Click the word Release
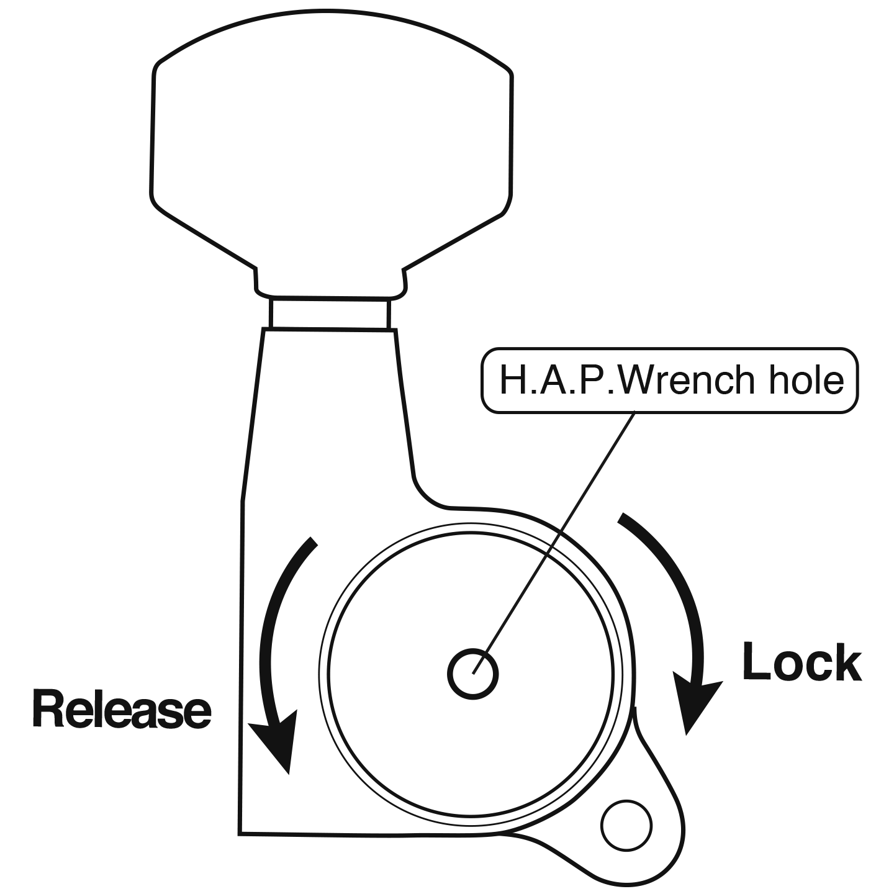pyautogui.click(x=122, y=709)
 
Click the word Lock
pyautogui.click(x=801, y=662)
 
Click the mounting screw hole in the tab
pyautogui.click(x=626, y=826)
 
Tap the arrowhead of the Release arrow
pyautogui.click(x=276, y=739)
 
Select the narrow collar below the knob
pyautogui.click(x=330, y=314)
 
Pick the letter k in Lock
pyautogui.click(x=846, y=662)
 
